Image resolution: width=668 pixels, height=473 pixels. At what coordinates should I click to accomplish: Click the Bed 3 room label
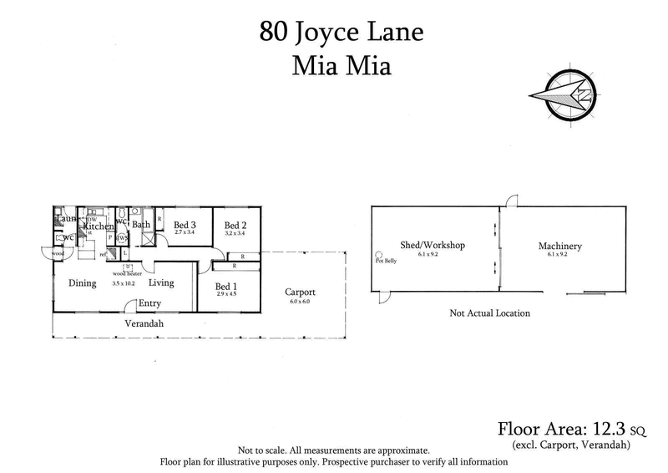tap(185, 225)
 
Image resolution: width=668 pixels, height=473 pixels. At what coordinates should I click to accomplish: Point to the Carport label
tap(299, 292)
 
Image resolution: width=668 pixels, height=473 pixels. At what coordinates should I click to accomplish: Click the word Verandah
tap(143, 323)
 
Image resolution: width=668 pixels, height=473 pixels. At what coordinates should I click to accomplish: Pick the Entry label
tap(149, 303)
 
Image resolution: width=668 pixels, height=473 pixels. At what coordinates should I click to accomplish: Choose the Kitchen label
tap(98, 226)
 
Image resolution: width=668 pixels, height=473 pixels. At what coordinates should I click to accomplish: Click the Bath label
tap(142, 224)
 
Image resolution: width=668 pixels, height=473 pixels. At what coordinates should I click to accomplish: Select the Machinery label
tap(559, 247)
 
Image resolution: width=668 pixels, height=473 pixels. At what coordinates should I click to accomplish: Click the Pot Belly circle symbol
tap(378, 255)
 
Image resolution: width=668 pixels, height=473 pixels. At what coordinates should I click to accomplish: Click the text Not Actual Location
tap(489, 313)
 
